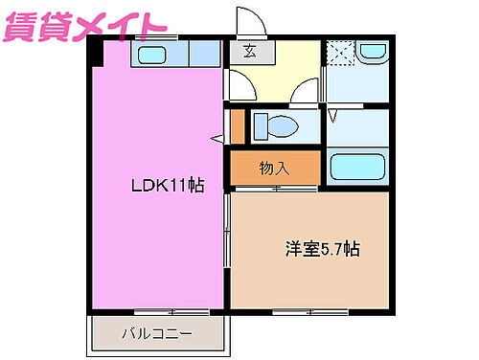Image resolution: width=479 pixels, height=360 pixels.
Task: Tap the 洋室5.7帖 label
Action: pyautogui.click(x=320, y=250)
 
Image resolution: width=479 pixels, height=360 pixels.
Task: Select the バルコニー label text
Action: pyautogui.click(x=157, y=334)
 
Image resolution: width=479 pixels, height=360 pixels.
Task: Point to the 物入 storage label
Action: pyautogui.click(x=274, y=169)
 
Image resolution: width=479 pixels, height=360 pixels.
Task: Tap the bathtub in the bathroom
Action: pyautogui.click(x=358, y=167)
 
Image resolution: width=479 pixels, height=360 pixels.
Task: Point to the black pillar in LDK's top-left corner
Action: pyautogui.click(x=97, y=54)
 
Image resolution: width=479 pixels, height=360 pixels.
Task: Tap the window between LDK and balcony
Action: pyautogui.click(x=158, y=310)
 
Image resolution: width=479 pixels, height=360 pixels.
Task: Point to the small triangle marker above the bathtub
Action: pyautogui.click(x=334, y=116)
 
